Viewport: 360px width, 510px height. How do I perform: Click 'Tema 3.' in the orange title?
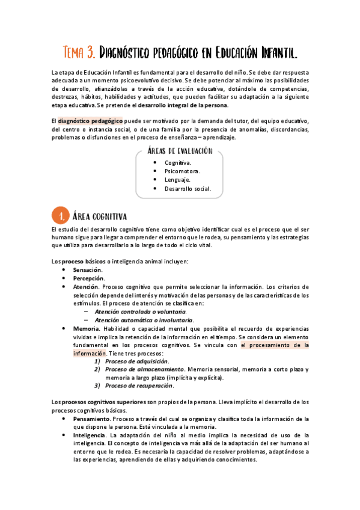(x=79, y=53)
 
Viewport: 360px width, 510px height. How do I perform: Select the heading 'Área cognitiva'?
(x=100, y=215)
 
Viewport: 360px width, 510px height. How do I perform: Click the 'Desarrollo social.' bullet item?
(x=188, y=188)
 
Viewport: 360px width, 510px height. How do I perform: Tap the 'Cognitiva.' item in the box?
(x=178, y=162)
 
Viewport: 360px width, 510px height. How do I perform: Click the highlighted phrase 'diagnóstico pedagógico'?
(x=90, y=120)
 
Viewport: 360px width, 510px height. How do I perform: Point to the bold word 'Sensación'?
(x=87, y=270)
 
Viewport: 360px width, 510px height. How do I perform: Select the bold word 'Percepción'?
(x=88, y=278)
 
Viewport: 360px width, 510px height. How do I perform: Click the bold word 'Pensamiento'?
(x=91, y=418)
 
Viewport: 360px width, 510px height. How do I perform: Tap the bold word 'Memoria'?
(x=85, y=328)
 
